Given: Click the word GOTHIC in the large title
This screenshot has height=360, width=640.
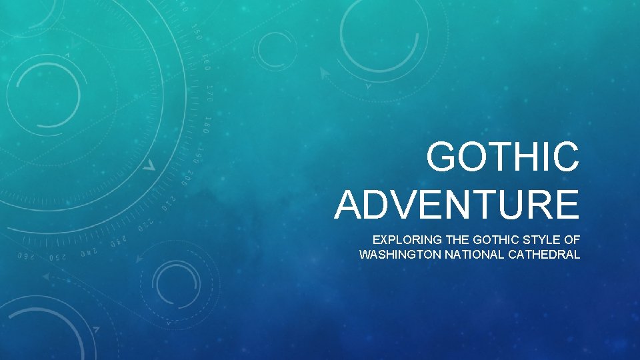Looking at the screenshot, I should point(503,158).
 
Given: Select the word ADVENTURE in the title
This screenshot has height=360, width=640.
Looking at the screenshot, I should point(457,205).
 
